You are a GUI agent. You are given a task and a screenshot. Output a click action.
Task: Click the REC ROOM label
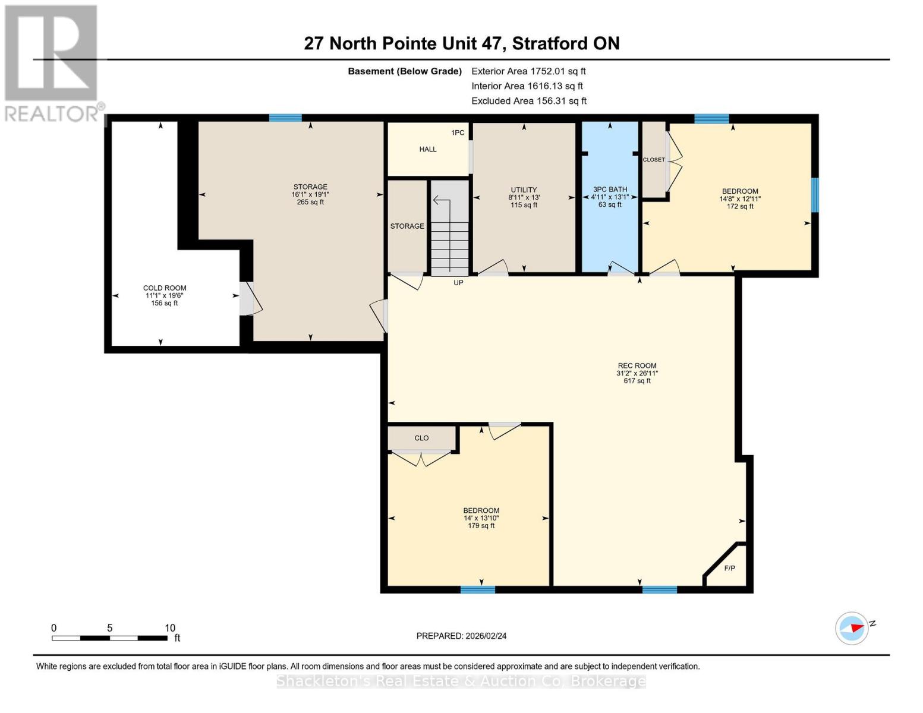[x=637, y=366]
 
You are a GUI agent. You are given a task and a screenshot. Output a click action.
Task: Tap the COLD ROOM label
[x=165, y=288]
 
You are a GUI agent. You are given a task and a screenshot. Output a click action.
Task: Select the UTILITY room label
[x=524, y=190]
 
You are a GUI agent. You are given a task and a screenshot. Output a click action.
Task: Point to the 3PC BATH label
[x=610, y=190]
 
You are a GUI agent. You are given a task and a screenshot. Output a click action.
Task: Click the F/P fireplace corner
[x=729, y=569]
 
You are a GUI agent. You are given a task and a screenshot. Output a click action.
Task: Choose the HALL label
[x=428, y=149]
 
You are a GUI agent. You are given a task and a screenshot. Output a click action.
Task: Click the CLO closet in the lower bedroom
[x=421, y=438]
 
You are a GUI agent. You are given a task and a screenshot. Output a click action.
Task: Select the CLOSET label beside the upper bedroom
[x=654, y=160]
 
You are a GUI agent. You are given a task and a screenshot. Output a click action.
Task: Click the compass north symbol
[x=852, y=628]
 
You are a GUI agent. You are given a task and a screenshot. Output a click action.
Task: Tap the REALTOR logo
[x=52, y=62]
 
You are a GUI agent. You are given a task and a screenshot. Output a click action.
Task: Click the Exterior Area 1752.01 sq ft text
[x=528, y=71]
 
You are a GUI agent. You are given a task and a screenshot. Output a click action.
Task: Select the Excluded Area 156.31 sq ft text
[x=529, y=101]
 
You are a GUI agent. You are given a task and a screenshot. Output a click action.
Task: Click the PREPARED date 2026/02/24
[x=461, y=636]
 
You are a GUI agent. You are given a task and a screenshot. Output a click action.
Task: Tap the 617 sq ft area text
[x=637, y=381]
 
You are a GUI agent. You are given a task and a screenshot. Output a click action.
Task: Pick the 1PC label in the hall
[x=458, y=132]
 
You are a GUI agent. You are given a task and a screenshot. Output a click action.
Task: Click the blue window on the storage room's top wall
[x=285, y=118]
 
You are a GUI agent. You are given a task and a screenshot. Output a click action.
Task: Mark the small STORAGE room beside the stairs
[x=407, y=226]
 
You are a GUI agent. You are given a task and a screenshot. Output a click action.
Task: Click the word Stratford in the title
[x=549, y=43]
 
